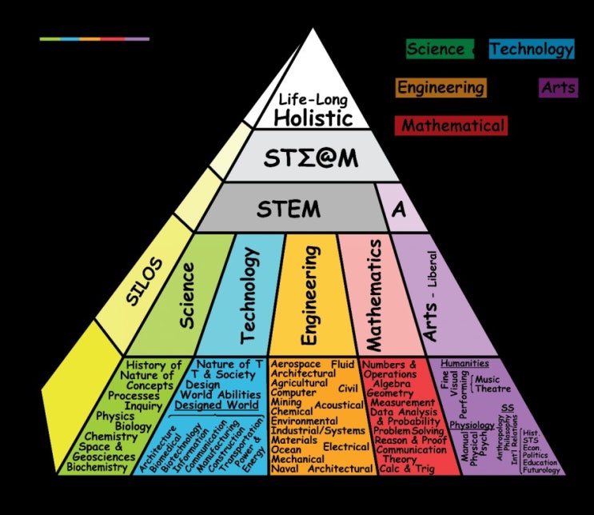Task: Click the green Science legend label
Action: pos(436,49)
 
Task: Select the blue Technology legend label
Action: pos(532,50)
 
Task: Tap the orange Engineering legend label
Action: pos(441,87)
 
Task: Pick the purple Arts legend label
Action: pos(558,87)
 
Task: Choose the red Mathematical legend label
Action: pos(453,126)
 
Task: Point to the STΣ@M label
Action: pos(311,159)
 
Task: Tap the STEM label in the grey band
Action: pos(288,210)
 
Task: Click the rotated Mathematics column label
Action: pos(373,296)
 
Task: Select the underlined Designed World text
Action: pos(217,405)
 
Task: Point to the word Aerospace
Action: pos(297,364)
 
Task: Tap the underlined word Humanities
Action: pos(464,363)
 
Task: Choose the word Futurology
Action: pos(541,470)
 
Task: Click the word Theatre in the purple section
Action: pos(493,389)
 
